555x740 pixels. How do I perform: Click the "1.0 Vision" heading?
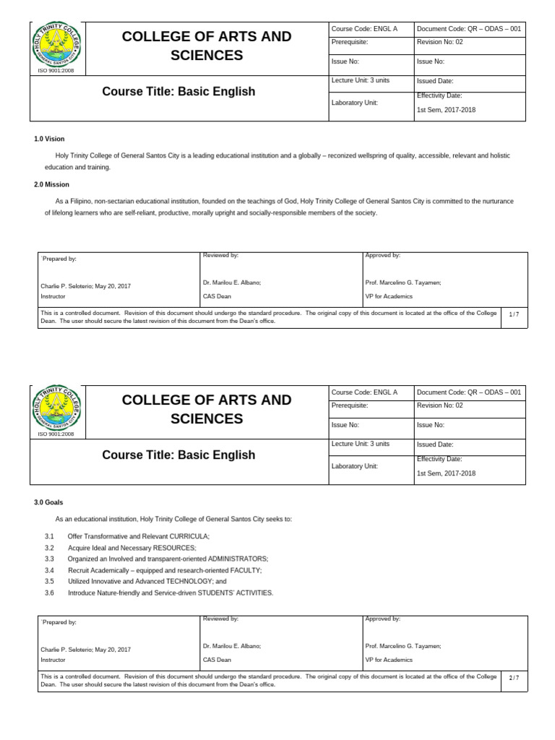pyautogui.click(x=49, y=139)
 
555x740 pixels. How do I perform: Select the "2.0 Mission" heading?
pyautogui.click(x=51, y=184)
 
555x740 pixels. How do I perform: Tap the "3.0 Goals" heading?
pyautogui.click(x=48, y=502)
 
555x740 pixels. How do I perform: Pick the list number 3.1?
pyautogui.click(x=49, y=536)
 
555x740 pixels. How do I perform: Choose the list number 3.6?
pyautogui.click(x=49, y=593)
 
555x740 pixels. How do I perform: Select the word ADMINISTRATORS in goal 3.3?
pyautogui.click(x=237, y=559)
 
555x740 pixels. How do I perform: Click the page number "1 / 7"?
pyautogui.click(x=514, y=314)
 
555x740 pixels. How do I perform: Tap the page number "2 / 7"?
pyautogui.click(x=514, y=678)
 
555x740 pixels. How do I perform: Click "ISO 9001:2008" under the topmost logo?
pyautogui.click(x=56, y=71)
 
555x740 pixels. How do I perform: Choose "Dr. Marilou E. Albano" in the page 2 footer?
pyautogui.click(x=231, y=646)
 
